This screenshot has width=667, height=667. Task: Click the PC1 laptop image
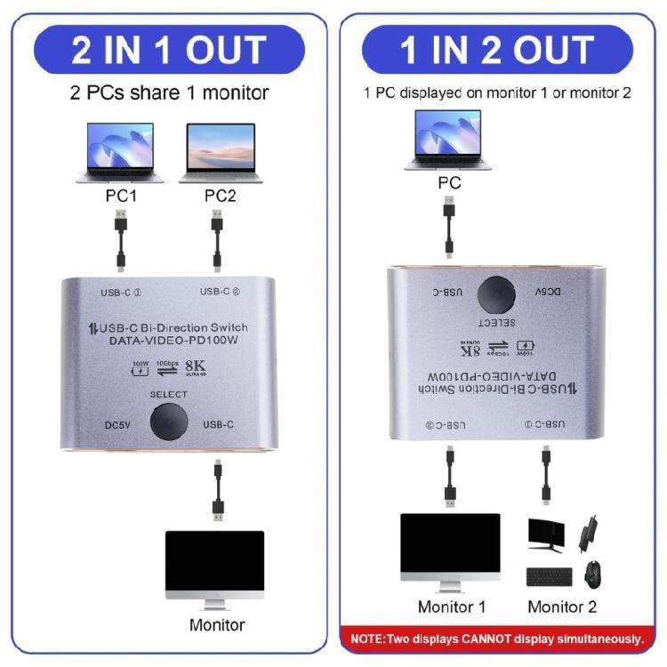(119, 151)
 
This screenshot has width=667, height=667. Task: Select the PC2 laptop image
(221, 151)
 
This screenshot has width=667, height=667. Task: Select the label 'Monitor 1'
(452, 607)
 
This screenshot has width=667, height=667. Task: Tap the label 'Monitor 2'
(562, 607)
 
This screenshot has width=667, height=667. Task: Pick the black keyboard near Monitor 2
(550, 576)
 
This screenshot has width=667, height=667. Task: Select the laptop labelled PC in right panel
(449, 139)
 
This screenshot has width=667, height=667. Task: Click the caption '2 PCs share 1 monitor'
(169, 92)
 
